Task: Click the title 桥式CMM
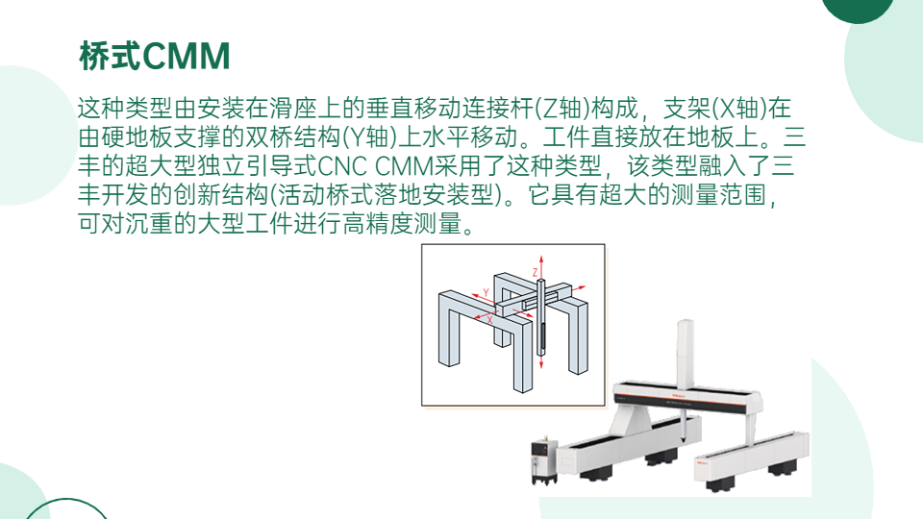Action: [154, 57]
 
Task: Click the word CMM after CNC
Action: [405, 166]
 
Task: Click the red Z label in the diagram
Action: [536, 272]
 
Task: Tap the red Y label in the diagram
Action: [486, 292]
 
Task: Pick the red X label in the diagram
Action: [489, 320]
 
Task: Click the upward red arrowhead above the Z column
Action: [541, 259]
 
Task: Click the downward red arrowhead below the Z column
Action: [541, 365]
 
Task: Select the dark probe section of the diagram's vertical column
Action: [542, 337]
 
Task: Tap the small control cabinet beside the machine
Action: [544, 460]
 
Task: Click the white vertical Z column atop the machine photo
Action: [685, 353]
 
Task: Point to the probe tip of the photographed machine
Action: [684, 440]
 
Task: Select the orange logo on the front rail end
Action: [703, 462]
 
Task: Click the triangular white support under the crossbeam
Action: [630, 421]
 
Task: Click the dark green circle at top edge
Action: [857, 10]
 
